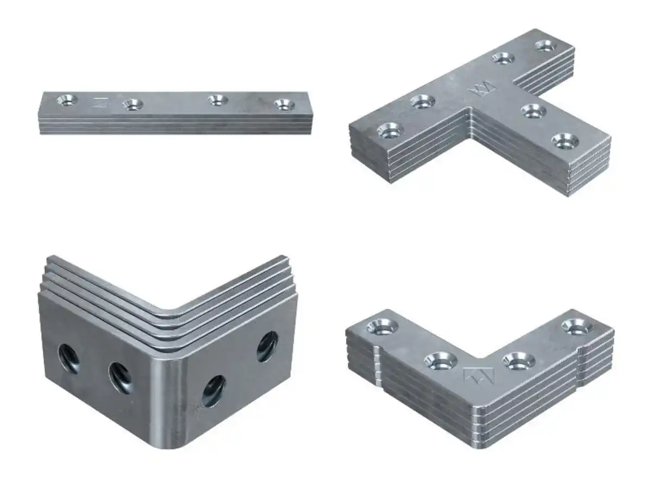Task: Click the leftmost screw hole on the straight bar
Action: tap(68, 99)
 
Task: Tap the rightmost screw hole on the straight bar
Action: tap(283, 104)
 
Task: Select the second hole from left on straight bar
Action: tap(132, 103)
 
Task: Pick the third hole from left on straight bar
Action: tap(217, 99)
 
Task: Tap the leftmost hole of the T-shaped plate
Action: tap(390, 130)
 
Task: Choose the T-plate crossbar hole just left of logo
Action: tap(422, 101)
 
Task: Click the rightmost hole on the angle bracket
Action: tap(267, 346)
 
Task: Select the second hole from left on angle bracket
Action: tap(120, 377)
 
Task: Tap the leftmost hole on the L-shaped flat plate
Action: tap(383, 327)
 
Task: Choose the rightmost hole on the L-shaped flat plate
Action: tap(576, 327)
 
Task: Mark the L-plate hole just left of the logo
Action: tap(441, 360)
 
